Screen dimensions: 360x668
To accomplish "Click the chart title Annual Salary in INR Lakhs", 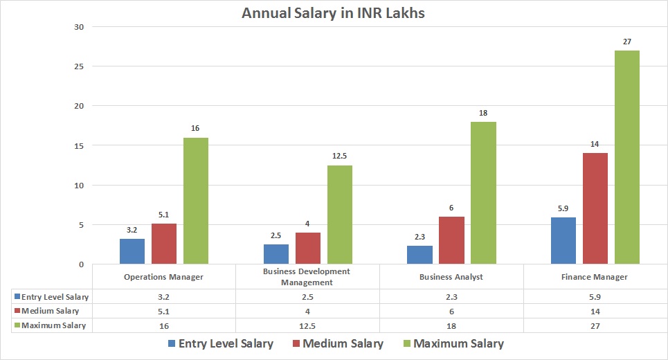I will (333, 13).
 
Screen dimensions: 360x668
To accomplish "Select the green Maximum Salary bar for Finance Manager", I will (627, 157).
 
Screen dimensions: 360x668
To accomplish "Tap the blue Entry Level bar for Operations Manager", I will (132, 251).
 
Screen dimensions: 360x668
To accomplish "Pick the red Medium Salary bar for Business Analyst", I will (451, 240).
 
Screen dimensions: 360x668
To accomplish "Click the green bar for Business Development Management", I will (340, 215).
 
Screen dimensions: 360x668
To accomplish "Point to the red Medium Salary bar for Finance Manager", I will (595, 208).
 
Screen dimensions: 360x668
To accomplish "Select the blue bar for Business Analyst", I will (419, 255).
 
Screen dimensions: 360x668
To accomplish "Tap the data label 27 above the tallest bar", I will (627, 42).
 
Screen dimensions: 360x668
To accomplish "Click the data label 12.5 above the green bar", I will (340, 156).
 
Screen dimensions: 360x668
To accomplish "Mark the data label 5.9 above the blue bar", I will (563, 208).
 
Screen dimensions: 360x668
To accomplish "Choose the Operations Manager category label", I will (163, 277).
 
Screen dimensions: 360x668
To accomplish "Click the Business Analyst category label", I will (451, 277).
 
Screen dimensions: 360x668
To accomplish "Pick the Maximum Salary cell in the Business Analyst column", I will (451, 325).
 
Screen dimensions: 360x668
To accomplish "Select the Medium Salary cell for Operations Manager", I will (163, 311).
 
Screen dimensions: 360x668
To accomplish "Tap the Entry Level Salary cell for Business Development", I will (307, 297).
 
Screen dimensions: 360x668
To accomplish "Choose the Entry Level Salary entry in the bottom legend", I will (220, 344).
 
